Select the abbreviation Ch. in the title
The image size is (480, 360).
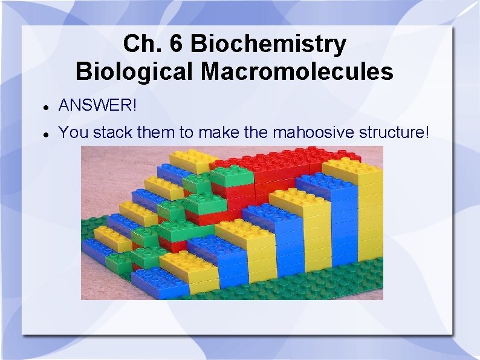pyautogui.click(x=142, y=44)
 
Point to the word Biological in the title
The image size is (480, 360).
pyautogui.click(x=135, y=72)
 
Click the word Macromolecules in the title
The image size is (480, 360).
pyautogui.click(x=297, y=72)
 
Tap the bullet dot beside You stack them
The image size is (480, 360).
pyautogui.click(x=46, y=134)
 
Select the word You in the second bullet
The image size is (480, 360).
pyautogui.click(x=73, y=132)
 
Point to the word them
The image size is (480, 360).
pyautogui.click(x=157, y=132)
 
